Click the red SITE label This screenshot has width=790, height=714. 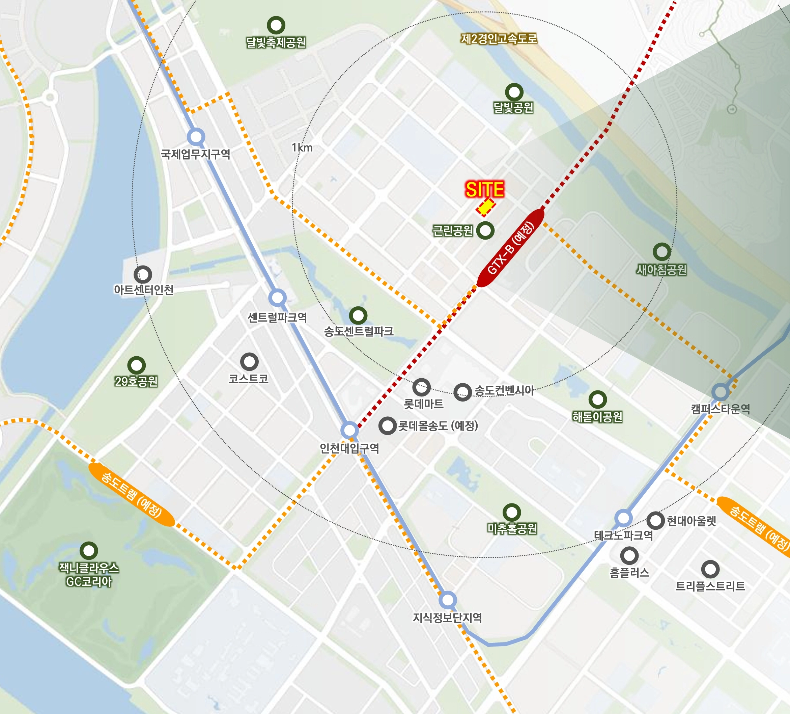pos(484,190)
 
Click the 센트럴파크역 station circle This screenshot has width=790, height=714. pos(277,298)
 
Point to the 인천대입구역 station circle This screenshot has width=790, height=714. pos(349,430)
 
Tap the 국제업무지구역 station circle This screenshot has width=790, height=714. pos(196,137)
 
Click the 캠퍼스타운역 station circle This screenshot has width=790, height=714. pos(720,391)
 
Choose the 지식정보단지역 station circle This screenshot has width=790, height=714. pos(448,600)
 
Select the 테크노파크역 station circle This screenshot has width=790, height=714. pos(623,518)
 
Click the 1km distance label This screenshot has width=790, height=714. pos(302,148)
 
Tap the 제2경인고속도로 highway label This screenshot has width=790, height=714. pos(499,39)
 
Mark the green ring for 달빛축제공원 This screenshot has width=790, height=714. pos(276,25)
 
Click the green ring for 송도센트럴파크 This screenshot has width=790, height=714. pos(358,315)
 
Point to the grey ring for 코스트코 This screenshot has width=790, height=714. pos(249,361)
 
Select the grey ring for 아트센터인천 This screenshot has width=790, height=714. pos(143,274)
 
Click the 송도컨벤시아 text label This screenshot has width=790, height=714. pos(504,390)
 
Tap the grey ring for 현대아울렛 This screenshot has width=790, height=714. pos(655,521)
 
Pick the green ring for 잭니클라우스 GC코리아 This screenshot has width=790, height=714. pos(89,550)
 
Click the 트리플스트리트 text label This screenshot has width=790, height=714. pos(710,586)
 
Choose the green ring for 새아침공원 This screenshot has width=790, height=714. pos(662,252)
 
